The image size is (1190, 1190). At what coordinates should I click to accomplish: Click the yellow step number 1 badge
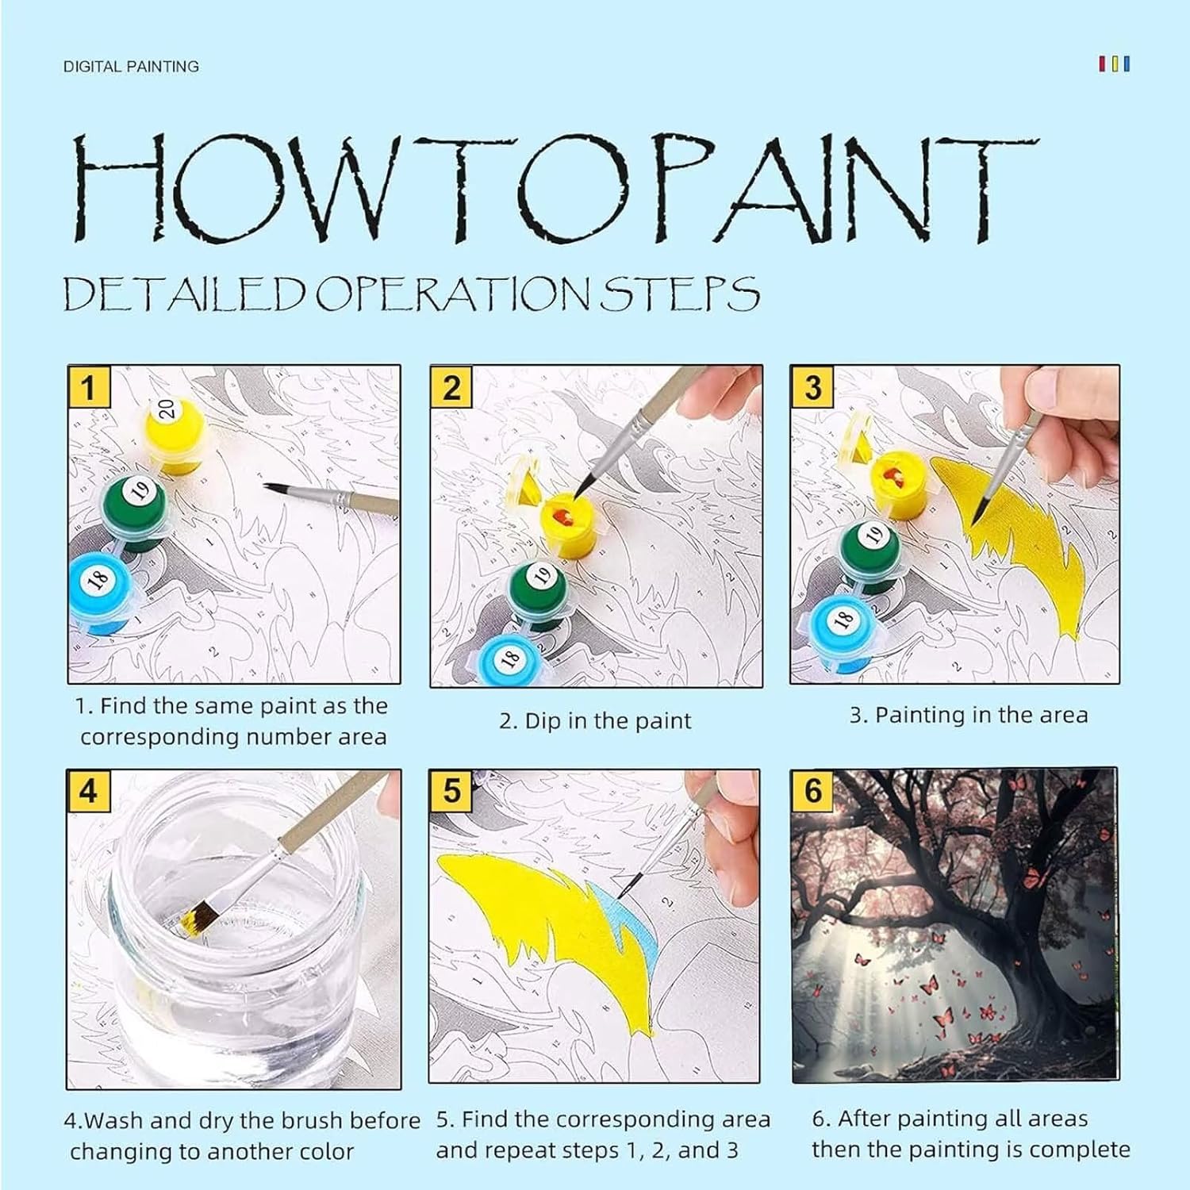click(88, 387)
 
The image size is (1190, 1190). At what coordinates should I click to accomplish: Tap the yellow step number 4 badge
click(88, 791)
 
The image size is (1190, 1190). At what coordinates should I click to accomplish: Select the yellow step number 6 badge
click(812, 790)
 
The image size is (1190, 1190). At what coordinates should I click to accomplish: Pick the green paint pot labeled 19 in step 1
click(134, 512)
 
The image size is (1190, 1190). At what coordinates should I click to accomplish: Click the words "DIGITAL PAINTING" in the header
click(131, 67)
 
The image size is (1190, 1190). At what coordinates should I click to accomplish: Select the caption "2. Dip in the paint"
click(595, 721)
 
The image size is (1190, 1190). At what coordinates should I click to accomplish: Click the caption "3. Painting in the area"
click(969, 715)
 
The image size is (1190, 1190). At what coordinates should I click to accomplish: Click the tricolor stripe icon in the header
click(1114, 64)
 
